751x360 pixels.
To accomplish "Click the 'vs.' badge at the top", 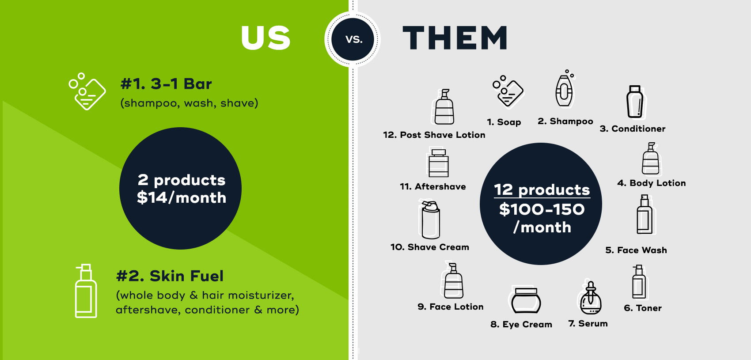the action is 353,39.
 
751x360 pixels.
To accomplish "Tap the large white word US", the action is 266,38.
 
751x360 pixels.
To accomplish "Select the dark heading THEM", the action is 455,38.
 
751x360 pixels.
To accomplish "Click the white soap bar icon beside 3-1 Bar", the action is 87,91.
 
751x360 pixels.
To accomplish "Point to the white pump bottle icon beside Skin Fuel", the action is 86,291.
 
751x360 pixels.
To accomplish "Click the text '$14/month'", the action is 182,197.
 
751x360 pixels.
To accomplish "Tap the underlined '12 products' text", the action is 542,190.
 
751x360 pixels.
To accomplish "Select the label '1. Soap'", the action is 504,122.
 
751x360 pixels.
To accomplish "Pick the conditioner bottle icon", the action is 635,102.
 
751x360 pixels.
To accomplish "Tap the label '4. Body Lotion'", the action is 652,183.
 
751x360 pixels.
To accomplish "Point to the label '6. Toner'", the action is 643,308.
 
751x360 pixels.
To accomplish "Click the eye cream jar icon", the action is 526,300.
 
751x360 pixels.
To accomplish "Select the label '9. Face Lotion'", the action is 450,307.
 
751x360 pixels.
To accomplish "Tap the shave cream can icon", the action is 430,220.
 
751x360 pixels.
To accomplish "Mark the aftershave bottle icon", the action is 439,163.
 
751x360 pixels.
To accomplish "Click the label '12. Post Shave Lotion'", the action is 434,135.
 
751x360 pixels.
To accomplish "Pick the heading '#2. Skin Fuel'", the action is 170,276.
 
